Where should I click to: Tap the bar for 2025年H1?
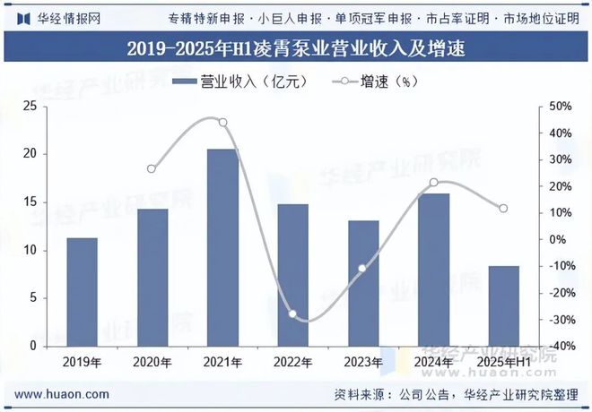(503, 305)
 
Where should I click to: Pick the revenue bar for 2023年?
(363, 283)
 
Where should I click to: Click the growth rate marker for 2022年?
(292, 314)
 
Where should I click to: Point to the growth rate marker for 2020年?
(152, 168)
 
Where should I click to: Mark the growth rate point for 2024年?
(433, 183)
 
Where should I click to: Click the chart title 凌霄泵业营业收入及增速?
(296, 47)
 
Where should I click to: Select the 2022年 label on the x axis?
(292, 362)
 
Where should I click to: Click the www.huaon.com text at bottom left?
(63, 394)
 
